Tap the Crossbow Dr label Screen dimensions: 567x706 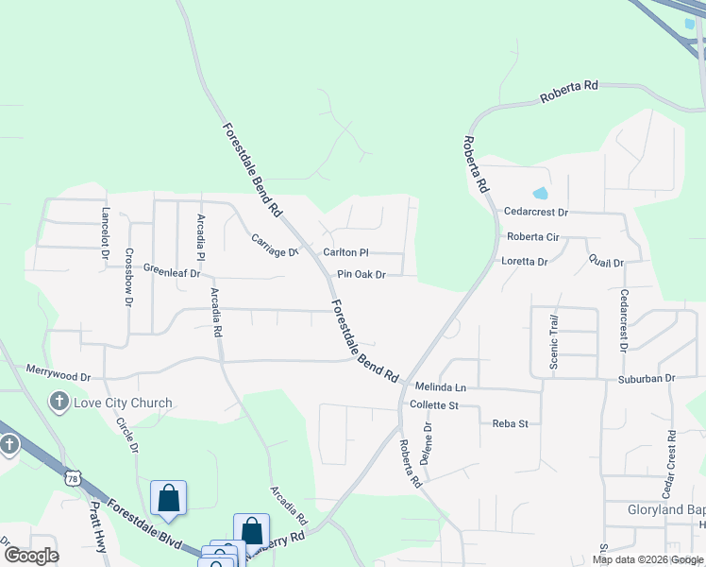pos(129,278)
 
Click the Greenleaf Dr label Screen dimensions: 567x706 pos(172,272)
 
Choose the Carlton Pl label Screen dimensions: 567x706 pos(345,252)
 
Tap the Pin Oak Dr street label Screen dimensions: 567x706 pos(362,275)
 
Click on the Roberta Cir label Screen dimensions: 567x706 pos(533,237)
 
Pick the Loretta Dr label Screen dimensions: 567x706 pos(525,261)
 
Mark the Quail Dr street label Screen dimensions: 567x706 pos(606,261)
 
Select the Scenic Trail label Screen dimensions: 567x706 pos(555,342)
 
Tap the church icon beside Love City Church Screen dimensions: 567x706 pos(59,403)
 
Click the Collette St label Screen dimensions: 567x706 pos(433,405)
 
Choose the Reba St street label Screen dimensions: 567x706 pos(510,424)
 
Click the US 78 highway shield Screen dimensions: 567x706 pos(74,479)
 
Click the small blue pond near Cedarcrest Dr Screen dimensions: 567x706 pos(540,193)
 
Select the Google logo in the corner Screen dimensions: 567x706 pos(31,556)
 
